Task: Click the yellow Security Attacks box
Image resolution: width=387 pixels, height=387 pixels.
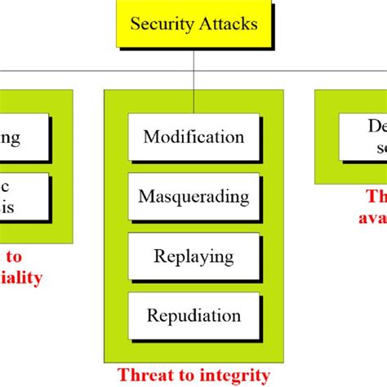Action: tap(193, 24)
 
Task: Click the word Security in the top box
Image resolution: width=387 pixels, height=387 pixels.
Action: tap(162, 24)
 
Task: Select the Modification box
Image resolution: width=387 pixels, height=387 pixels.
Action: tap(193, 136)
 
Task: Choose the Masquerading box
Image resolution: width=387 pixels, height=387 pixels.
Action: tap(193, 196)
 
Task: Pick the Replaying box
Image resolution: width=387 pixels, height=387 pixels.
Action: tap(193, 256)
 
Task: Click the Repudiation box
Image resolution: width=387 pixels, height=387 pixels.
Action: tap(193, 315)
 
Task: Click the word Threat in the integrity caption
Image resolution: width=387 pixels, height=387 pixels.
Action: tap(143, 375)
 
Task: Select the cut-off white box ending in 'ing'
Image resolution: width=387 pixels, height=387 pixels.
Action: tap(23, 137)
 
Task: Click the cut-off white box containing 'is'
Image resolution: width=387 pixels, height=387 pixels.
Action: tap(23, 197)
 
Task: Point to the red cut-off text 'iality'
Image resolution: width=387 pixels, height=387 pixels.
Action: tap(20, 278)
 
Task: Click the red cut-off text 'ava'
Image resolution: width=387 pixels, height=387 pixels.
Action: tap(371, 217)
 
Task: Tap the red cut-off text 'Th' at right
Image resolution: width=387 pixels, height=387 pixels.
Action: tap(376, 198)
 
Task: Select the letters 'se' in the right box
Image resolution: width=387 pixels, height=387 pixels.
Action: tap(377, 147)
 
